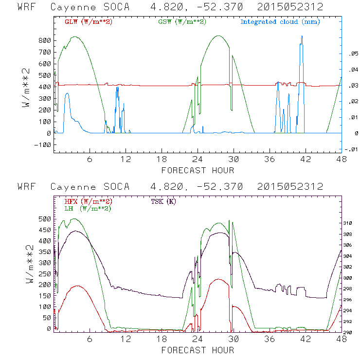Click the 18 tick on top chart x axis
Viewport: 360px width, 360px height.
coord(162,159)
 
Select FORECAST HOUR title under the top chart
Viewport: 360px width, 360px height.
coord(198,170)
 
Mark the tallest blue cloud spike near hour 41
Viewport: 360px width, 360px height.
coord(302,36)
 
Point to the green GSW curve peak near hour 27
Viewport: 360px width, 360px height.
coord(218,36)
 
